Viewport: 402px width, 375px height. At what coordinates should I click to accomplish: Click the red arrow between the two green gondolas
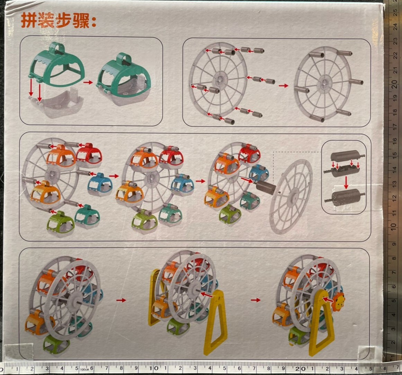(x=88, y=83)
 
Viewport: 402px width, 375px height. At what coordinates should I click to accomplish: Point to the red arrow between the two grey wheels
(x=284, y=86)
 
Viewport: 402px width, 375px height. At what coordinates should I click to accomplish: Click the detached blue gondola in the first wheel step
(x=100, y=184)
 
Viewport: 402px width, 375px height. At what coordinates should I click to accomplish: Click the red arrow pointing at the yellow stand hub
(x=207, y=295)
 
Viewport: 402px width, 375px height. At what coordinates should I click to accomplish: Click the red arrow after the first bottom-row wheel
(x=121, y=300)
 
